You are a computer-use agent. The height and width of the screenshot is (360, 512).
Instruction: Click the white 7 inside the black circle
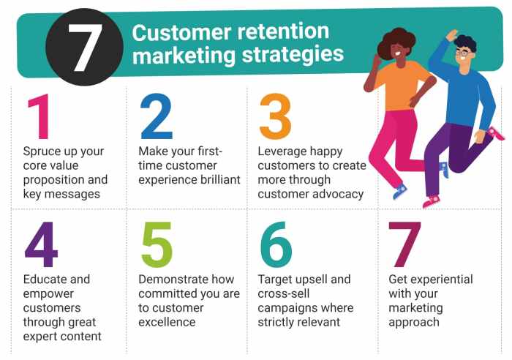(86, 45)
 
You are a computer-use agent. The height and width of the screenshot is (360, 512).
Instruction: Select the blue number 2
(157, 116)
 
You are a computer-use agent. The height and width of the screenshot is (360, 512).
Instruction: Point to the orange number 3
(276, 116)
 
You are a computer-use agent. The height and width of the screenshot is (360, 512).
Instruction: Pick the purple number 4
(41, 244)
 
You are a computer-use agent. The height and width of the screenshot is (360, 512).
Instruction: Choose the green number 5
(156, 244)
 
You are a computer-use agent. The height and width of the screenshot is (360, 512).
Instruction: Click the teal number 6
(276, 244)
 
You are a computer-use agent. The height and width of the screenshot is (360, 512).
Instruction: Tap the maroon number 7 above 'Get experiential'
(404, 244)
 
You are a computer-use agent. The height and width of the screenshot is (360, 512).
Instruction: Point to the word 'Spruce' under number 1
(43, 152)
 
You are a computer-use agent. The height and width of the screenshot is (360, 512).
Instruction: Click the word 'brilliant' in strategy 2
(216, 179)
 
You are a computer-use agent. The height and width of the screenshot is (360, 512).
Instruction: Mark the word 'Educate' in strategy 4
(45, 280)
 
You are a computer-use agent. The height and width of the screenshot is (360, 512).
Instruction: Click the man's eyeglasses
(463, 53)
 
